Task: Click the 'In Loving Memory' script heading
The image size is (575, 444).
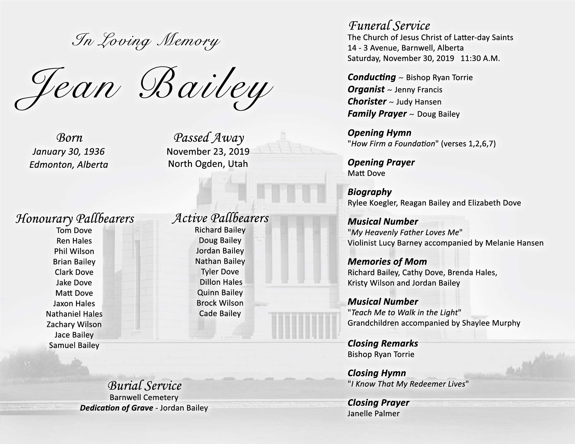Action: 146,41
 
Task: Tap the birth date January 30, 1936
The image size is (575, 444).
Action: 68,151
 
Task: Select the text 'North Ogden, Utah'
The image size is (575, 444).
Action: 208,164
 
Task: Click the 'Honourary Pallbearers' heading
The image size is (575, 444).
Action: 75,219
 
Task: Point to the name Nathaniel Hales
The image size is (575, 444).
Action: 74,314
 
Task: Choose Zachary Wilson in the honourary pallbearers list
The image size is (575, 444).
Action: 74,324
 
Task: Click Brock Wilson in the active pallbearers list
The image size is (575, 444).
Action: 220,303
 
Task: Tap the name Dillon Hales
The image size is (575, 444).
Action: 221,282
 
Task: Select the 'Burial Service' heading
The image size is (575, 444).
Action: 145,386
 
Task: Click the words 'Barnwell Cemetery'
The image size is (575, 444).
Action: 144,398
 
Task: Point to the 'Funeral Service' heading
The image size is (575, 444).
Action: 389,26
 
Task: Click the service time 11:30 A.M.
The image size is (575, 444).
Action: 480,58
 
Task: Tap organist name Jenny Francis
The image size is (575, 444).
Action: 418,90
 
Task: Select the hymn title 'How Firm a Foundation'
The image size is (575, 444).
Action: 393,144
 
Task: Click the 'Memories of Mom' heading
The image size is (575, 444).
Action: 387,261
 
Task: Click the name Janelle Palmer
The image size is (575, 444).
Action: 373,413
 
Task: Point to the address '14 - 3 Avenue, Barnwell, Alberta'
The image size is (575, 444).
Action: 405,48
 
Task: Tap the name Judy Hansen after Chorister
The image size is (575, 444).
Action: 419,102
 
